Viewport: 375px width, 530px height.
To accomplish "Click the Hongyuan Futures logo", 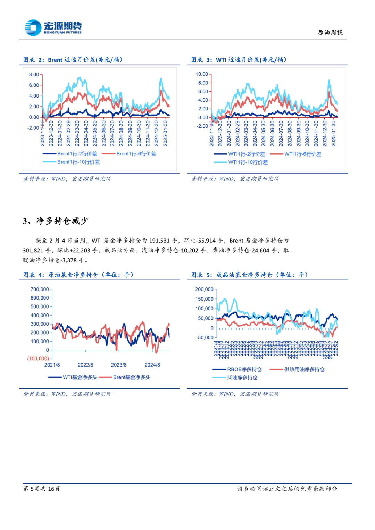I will [x=53, y=27].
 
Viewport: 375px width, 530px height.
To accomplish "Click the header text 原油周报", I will [x=330, y=32].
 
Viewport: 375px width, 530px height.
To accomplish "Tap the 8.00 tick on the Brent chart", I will [x=34, y=75].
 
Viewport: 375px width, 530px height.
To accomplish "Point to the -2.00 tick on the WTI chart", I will [x=202, y=126].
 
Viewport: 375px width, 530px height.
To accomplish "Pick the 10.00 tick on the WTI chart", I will [x=201, y=74].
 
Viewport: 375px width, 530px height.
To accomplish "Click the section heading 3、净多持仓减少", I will [x=56, y=221].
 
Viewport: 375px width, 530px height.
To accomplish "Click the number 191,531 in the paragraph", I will [x=159, y=241].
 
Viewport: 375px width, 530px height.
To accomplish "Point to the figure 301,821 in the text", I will [x=33, y=250].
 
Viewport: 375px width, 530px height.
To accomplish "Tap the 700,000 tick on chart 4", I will [x=40, y=289].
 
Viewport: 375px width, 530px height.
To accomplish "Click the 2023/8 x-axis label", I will [x=119, y=365].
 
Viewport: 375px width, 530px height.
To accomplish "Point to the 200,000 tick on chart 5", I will [x=204, y=289].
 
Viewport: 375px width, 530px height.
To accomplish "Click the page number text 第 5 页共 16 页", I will [x=41, y=489].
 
